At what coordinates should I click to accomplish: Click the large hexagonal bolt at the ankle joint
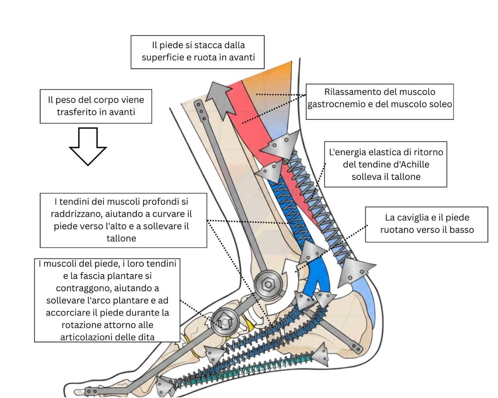(268, 285)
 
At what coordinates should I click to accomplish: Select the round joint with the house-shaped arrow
(225, 322)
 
